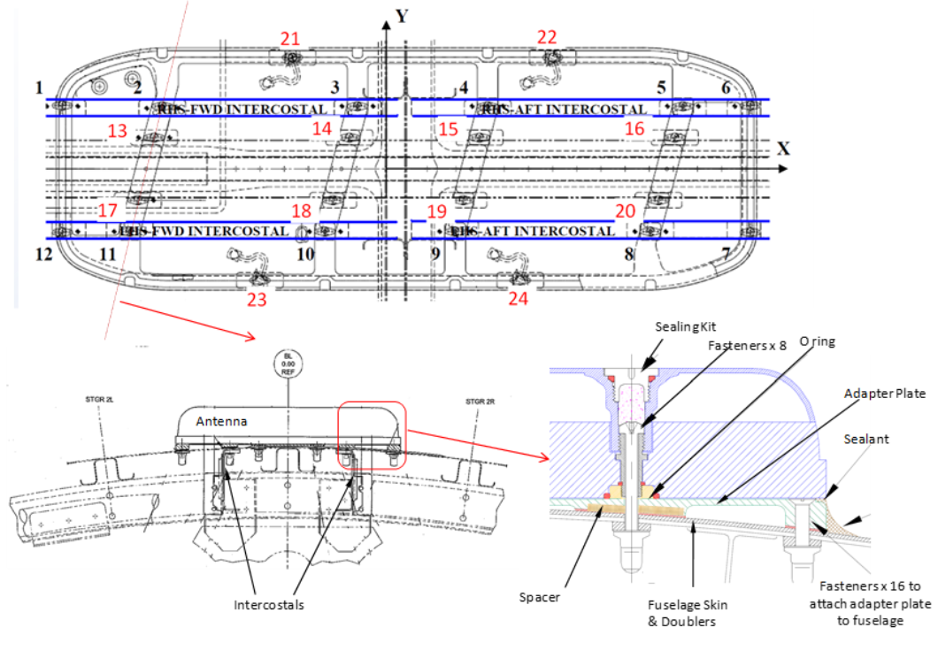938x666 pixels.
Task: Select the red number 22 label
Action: [547, 37]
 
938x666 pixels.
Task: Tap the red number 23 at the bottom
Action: [257, 299]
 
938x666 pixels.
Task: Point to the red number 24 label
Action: [517, 299]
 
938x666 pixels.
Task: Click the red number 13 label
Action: [118, 131]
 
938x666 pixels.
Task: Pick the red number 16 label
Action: [634, 129]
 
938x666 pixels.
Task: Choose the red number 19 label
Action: [437, 211]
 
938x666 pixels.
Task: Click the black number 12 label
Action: [44, 255]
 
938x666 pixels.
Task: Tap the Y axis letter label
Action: [403, 16]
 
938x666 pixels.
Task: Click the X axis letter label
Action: [782, 148]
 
